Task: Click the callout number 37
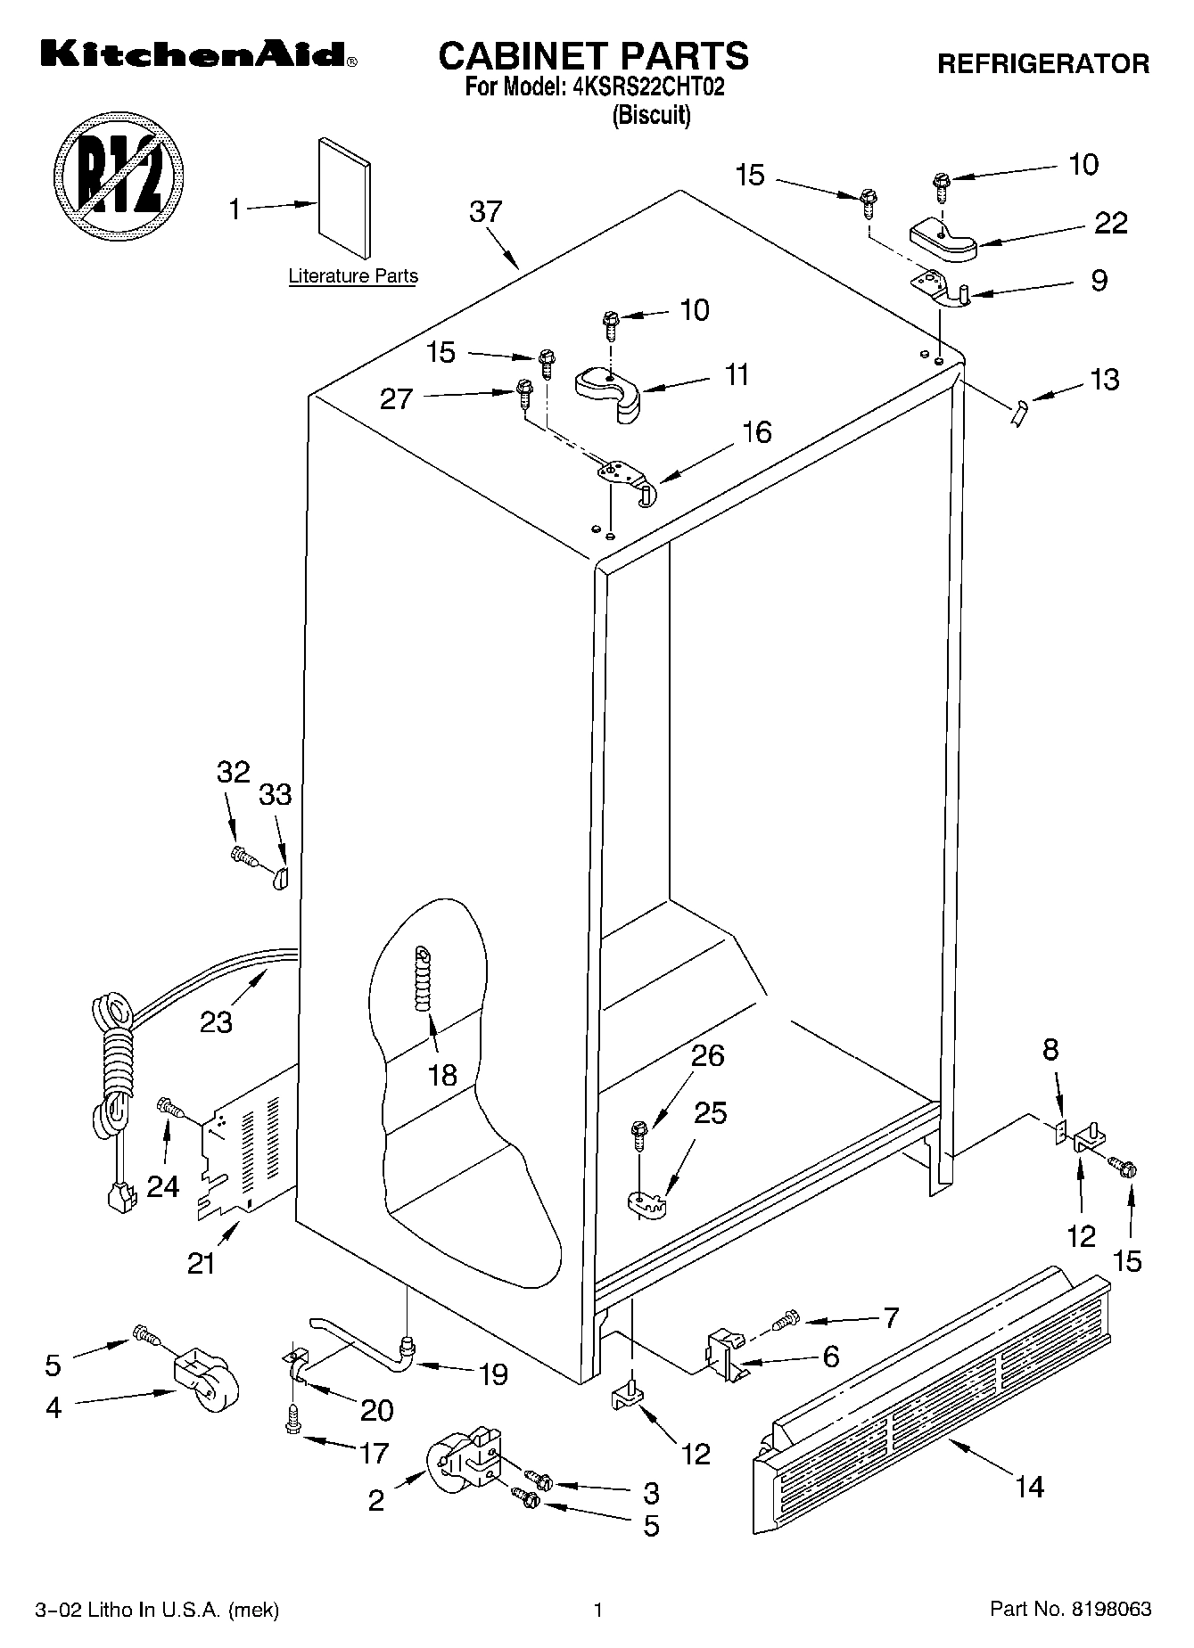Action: coord(486,212)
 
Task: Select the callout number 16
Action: coord(756,432)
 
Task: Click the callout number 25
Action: coord(710,1113)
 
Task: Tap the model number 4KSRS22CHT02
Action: coord(648,87)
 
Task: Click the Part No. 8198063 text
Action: coord(1071,1609)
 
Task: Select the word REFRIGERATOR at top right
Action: coord(1042,63)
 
